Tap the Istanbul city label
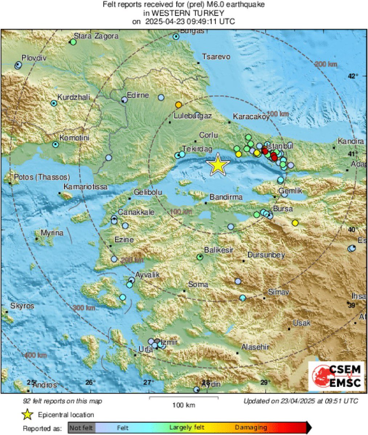[x=281, y=145]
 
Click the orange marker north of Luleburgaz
[x=178, y=105]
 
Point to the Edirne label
[x=138, y=95]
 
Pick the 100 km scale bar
[x=184, y=398]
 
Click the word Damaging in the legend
[x=251, y=428]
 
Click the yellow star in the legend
[x=28, y=415]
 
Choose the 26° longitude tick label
[x=90, y=382]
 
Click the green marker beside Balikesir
[x=200, y=257]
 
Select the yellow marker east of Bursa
[x=295, y=223]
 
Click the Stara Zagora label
[x=96, y=36]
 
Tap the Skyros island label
[x=22, y=306]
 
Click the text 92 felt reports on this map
[x=62, y=401]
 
